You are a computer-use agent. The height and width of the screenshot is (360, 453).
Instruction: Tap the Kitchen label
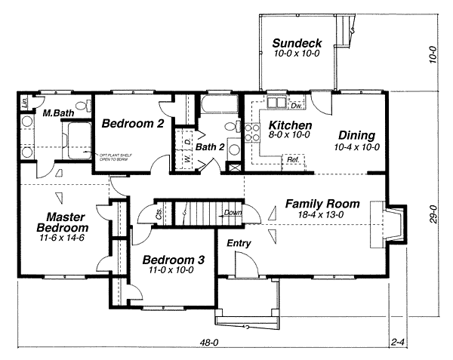[285, 125]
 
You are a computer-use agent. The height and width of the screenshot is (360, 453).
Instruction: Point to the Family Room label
[322, 204]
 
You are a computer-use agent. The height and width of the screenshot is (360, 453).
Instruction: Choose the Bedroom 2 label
[133, 124]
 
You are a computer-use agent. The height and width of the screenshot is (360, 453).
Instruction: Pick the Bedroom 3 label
[173, 260]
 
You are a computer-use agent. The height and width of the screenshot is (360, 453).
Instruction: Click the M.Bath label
[57, 114]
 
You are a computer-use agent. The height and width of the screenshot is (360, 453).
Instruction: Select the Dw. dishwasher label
[297, 106]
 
